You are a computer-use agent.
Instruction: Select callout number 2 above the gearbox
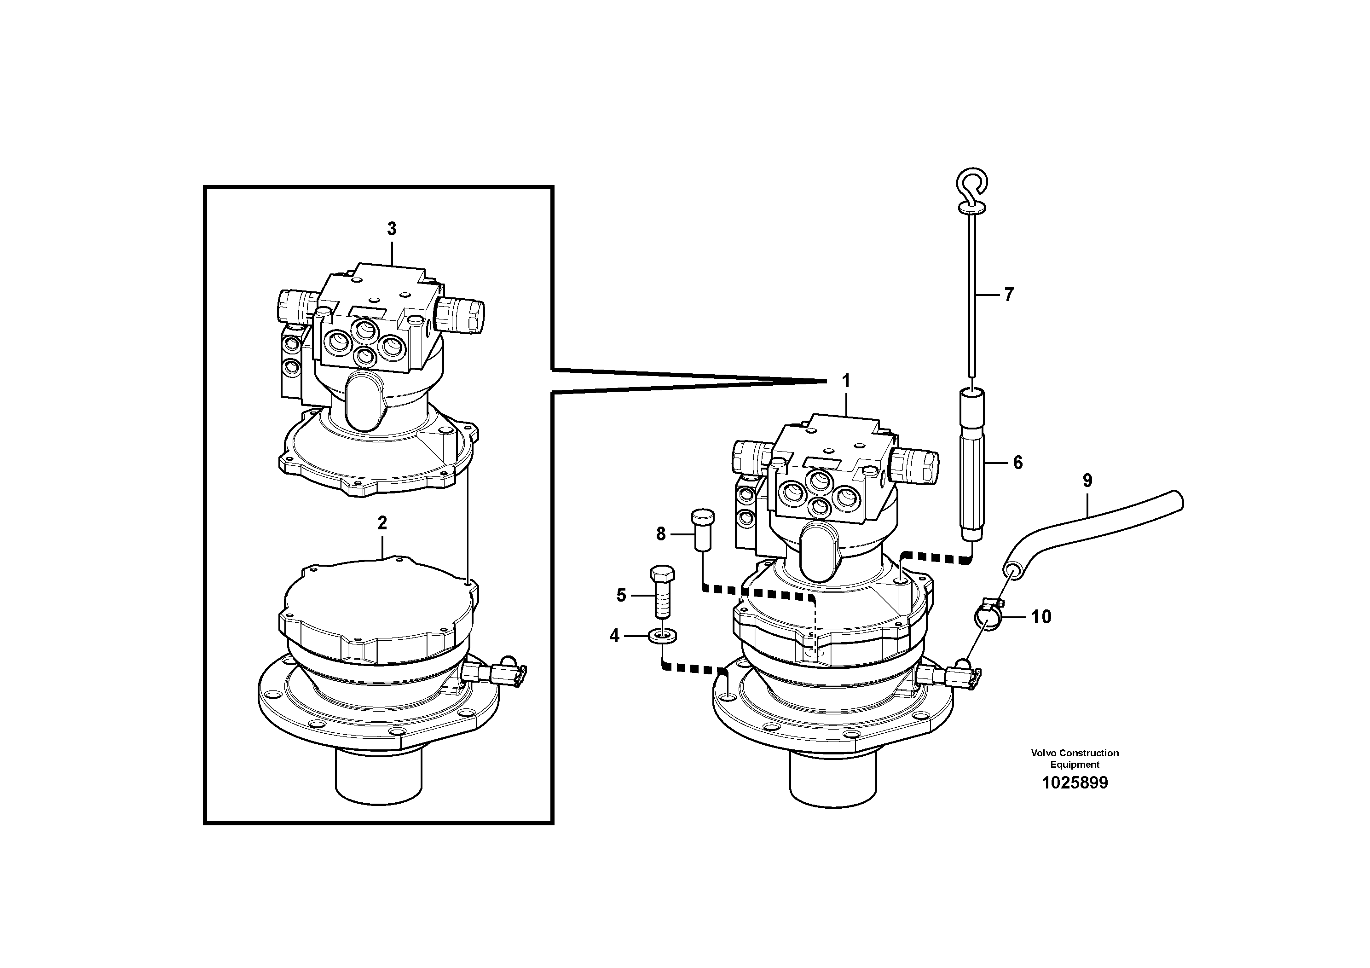coord(382,523)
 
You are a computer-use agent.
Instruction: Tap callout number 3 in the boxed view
coord(392,229)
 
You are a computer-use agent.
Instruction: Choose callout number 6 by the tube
coord(1017,463)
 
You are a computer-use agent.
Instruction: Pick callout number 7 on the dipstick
coord(1008,294)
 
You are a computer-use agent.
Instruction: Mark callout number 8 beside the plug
coord(660,534)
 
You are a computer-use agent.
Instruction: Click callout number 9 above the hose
coord(1087,481)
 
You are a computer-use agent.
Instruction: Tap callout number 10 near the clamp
coord(1041,616)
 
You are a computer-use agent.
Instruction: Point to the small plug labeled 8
coord(702,530)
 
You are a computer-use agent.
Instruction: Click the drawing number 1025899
coord(1074,783)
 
